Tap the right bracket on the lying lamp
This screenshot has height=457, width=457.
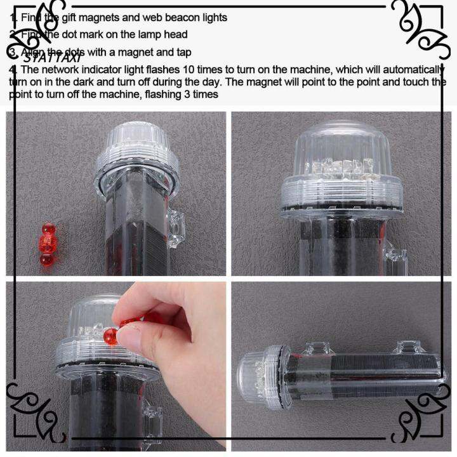click(x=406, y=348)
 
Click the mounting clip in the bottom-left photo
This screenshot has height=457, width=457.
click(x=152, y=419)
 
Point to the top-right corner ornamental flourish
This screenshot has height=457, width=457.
click(x=419, y=29)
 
